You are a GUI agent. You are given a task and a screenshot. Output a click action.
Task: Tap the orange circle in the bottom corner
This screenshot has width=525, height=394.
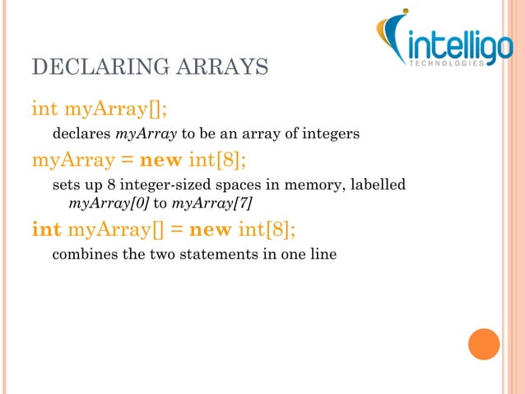(484, 344)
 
